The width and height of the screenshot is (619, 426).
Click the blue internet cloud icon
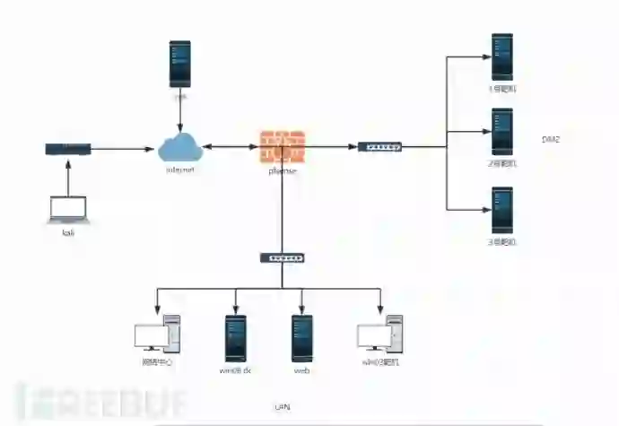click(x=180, y=146)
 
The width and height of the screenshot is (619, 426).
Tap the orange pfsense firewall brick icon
click(x=283, y=146)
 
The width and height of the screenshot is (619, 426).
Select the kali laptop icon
click(x=68, y=209)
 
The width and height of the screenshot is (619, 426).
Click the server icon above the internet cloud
click(x=180, y=63)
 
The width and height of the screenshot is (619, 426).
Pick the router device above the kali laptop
click(x=68, y=148)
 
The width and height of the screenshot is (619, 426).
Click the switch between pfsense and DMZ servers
click(x=380, y=146)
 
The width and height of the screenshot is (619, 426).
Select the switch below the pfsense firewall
click(x=283, y=257)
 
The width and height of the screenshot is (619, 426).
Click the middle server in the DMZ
click(x=501, y=132)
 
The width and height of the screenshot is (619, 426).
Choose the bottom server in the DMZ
click(x=501, y=210)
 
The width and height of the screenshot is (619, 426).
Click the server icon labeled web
click(x=301, y=337)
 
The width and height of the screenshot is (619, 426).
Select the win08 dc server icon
click(x=235, y=337)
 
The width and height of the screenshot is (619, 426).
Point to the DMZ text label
click(x=551, y=139)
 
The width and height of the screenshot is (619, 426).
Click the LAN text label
click(x=281, y=407)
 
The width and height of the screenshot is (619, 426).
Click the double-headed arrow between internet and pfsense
click(x=231, y=146)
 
